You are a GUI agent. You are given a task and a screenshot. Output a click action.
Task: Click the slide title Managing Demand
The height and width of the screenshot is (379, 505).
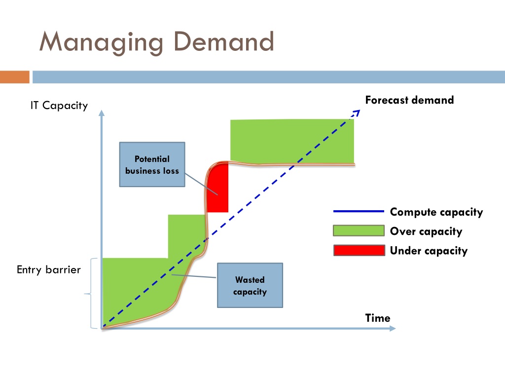pos(156,42)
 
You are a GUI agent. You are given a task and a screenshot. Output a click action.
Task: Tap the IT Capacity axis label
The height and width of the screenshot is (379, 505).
pos(59,105)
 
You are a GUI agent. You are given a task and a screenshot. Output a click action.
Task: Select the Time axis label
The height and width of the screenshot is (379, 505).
pos(378,318)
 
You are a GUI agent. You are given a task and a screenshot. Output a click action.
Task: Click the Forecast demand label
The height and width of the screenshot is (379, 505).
pos(409,100)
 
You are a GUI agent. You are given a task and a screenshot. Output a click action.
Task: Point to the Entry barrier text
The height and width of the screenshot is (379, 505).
pos(48,270)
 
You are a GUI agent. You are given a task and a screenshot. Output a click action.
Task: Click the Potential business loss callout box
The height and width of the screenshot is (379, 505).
pos(152,164)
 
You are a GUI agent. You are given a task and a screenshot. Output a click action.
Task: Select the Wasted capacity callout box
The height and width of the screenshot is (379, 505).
pos(250,286)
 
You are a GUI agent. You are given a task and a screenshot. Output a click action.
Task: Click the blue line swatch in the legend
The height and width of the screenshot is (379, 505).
pos(359,212)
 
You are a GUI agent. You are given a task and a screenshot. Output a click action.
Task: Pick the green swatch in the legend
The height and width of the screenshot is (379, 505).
pos(359,231)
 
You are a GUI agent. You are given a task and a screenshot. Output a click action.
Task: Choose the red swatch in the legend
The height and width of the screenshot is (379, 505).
pos(359,250)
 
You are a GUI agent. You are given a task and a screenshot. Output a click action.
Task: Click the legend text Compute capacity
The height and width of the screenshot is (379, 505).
pos(436,212)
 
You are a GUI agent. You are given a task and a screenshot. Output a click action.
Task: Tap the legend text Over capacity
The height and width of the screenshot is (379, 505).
pos(426,231)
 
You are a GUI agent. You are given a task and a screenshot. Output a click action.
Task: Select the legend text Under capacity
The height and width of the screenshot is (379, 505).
pos(428,251)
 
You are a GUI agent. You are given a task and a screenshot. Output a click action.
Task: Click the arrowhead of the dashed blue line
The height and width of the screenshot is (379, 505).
pos(357,113)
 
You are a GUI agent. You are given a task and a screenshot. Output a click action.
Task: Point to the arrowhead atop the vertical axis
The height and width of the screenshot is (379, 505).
pos(102,113)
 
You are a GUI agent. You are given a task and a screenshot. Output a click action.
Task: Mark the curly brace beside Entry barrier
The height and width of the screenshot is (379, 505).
pos(89,294)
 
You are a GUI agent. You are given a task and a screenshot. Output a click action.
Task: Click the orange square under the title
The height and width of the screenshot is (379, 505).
pos(15,77)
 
